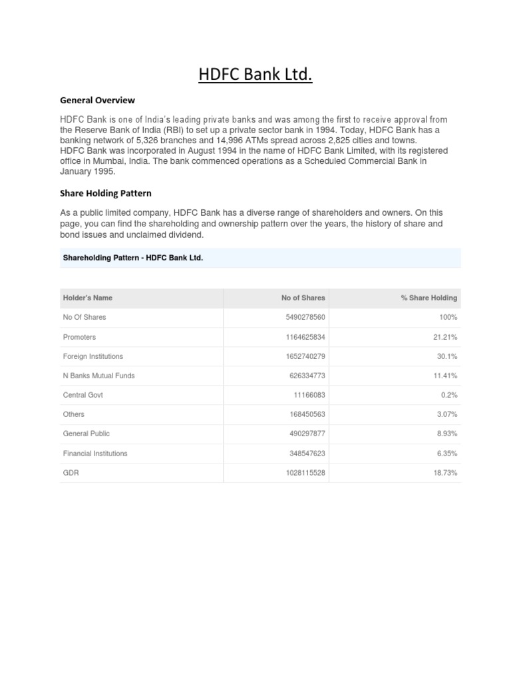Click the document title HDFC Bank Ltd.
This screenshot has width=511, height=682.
(x=255, y=75)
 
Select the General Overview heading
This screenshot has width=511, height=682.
(x=97, y=101)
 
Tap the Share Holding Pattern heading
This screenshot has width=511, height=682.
(x=106, y=193)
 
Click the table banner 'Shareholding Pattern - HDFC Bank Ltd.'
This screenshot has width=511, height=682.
(x=132, y=257)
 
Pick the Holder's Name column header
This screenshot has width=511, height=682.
(x=92, y=298)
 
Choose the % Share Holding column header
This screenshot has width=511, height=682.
(x=428, y=298)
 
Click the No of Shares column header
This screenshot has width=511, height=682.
(x=303, y=298)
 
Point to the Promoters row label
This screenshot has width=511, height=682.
(x=79, y=337)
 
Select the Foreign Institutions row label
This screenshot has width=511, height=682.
(x=92, y=356)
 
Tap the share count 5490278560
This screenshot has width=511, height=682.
(x=305, y=318)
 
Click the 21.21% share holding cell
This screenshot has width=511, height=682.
(x=444, y=337)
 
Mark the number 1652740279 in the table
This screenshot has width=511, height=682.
(x=305, y=356)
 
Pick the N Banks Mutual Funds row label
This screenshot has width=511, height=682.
(x=98, y=376)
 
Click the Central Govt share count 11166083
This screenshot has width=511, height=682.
(x=309, y=395)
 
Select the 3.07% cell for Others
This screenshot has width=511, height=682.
(x=446, y=414)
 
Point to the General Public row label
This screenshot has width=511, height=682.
(x=86, y=434)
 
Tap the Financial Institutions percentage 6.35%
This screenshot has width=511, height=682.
(x=446, y=454)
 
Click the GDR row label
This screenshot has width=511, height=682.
(x=71, y=473)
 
